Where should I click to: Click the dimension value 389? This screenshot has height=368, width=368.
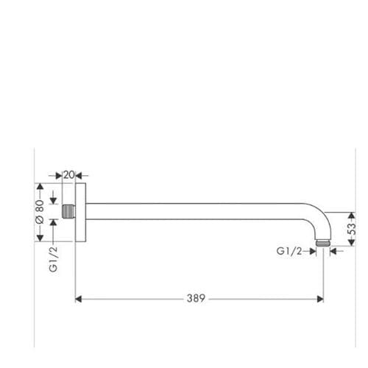[195, 299]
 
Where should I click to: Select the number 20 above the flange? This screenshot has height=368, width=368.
[69, 174]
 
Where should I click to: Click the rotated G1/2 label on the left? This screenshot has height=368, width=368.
[53, 259]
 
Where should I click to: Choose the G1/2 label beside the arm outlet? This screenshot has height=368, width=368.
[289, 251]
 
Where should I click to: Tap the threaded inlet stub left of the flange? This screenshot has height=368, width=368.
[70, 213]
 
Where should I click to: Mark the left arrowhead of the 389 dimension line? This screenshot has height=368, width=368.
[80, 299]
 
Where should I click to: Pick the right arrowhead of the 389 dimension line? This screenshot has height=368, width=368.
[319, 299]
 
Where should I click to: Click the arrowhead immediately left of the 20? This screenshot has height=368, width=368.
[60, 175]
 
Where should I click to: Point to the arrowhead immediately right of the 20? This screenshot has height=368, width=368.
[80, 175]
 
